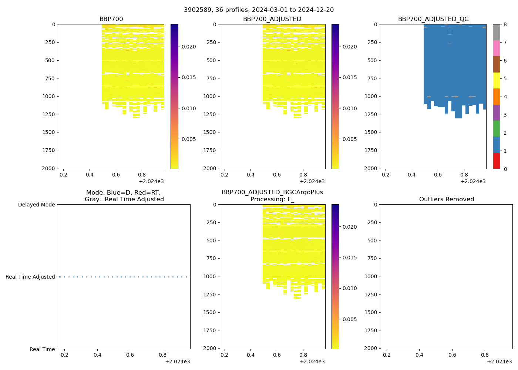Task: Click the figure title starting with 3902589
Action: pyautogui.click(x=259, y=10)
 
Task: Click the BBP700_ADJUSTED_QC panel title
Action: pyautogui.click(x=433, y=19)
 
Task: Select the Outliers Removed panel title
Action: pyautogui.click(x=446, y=199)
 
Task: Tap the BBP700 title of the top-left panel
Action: pyautogui.click(x=111, y=19)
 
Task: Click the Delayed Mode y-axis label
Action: pyautogui.click(x=36, y=205)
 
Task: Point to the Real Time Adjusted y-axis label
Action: pyautogui.click(x=30, y=277)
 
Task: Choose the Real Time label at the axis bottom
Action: pyautogui.click(x=42, y=349)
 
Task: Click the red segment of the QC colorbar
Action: pyautogui.click(x=496, y=161)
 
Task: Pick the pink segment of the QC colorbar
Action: pyautogui.click(x=496, y=48)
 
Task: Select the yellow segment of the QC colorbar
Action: pyautogui.click(x=496, y=80)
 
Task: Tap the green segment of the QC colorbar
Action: pyautogui.click(x=496, y=128)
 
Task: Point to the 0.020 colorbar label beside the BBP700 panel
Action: pyautogui.click(x=188, y=47)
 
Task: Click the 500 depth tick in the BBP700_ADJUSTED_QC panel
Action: pyautogui.click(x=373, y=60)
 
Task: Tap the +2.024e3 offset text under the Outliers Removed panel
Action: pyautogui.click(x=499, y=361)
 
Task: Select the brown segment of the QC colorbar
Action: pyautogui.click(x=496, y=64)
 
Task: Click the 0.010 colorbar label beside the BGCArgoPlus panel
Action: pyautogui.click(x=349, y=288)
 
